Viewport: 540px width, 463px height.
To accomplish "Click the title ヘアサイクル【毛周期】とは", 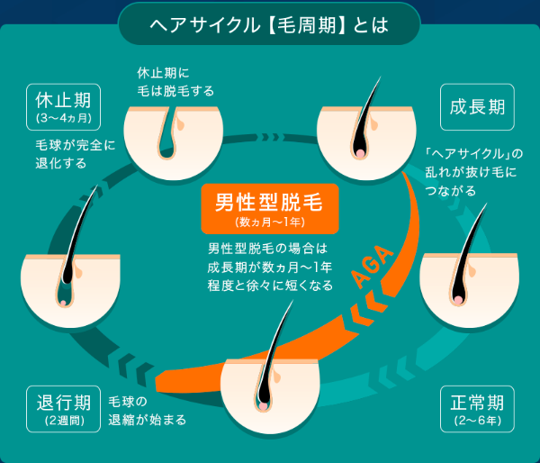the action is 269,25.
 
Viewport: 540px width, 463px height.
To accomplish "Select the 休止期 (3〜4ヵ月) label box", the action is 63,107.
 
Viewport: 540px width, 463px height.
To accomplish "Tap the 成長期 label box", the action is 477,107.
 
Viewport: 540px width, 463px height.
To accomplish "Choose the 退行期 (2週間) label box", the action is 63,409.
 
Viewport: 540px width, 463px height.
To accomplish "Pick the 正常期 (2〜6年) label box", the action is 477,409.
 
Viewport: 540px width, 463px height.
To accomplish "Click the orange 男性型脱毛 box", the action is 270,209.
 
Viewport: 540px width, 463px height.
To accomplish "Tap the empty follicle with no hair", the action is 173,142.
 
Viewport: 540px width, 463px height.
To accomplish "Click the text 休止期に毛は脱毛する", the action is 175,82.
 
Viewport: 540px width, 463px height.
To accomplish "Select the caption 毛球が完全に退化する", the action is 75,154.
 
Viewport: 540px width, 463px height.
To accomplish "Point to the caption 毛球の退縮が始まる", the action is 147,411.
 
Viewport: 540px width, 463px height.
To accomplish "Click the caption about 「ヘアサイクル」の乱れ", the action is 474,172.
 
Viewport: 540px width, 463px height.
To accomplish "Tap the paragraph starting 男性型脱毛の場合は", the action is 270,267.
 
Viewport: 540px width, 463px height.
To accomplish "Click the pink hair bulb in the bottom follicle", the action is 264,406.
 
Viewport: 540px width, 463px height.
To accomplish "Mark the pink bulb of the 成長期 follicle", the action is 360,153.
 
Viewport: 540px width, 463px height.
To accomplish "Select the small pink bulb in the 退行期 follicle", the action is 63,303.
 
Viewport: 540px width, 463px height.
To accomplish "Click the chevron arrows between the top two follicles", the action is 270,137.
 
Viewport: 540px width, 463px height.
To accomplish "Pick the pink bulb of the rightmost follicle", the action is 458,300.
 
